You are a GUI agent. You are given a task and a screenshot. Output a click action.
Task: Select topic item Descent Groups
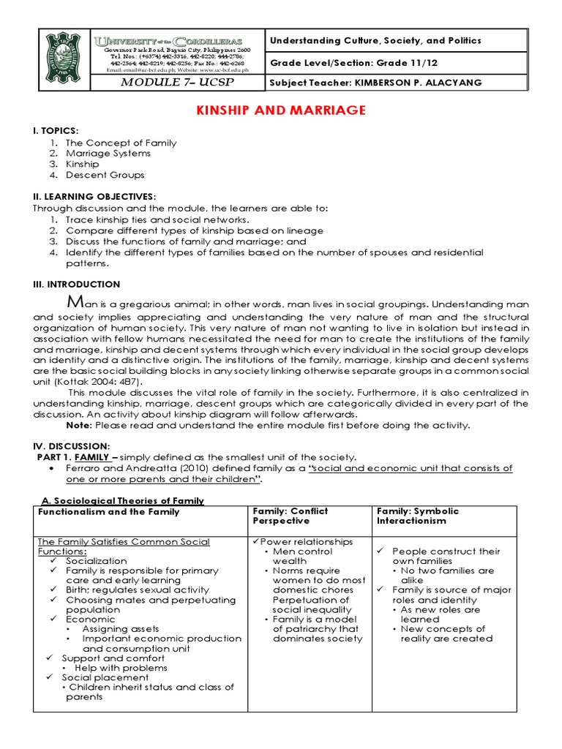[x=105, y=176]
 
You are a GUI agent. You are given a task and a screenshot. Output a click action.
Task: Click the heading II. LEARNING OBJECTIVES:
[x=94, y=197]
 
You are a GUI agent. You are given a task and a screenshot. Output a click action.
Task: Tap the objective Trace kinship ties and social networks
[x=157, y=219]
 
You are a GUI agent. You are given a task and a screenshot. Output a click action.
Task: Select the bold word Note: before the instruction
[x=80, y=425]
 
